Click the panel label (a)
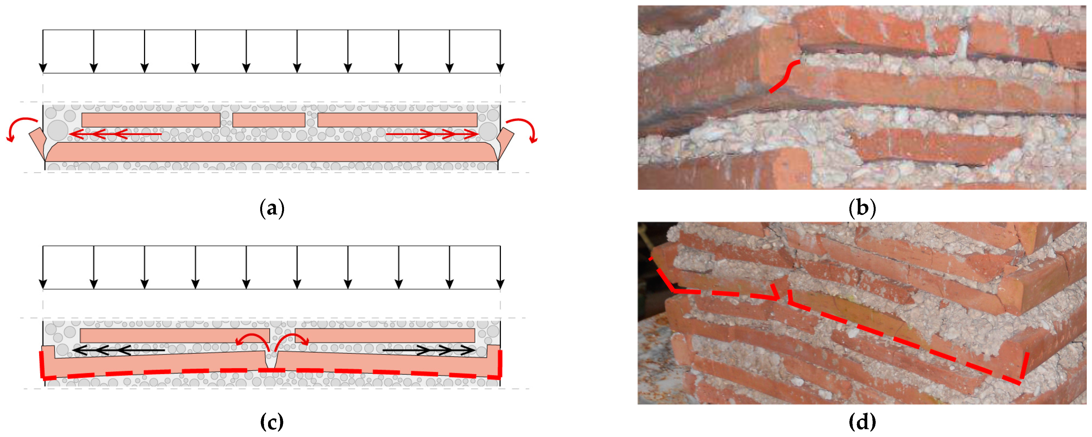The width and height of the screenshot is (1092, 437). click(272, 208)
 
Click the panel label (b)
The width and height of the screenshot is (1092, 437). click(862, 208)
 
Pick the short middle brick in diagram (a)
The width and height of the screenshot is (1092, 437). click(269, 120)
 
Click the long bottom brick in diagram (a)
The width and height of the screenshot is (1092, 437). click(271, 152)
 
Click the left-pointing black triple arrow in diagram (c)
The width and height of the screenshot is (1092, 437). click(119, 350)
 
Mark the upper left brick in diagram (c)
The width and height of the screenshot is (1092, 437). click(175, 335)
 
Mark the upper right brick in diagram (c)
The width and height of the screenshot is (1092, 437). click(385, 335)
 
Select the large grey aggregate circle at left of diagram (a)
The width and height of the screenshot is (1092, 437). click(58, 130)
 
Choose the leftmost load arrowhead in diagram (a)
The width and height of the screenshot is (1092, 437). click(43, 68)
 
